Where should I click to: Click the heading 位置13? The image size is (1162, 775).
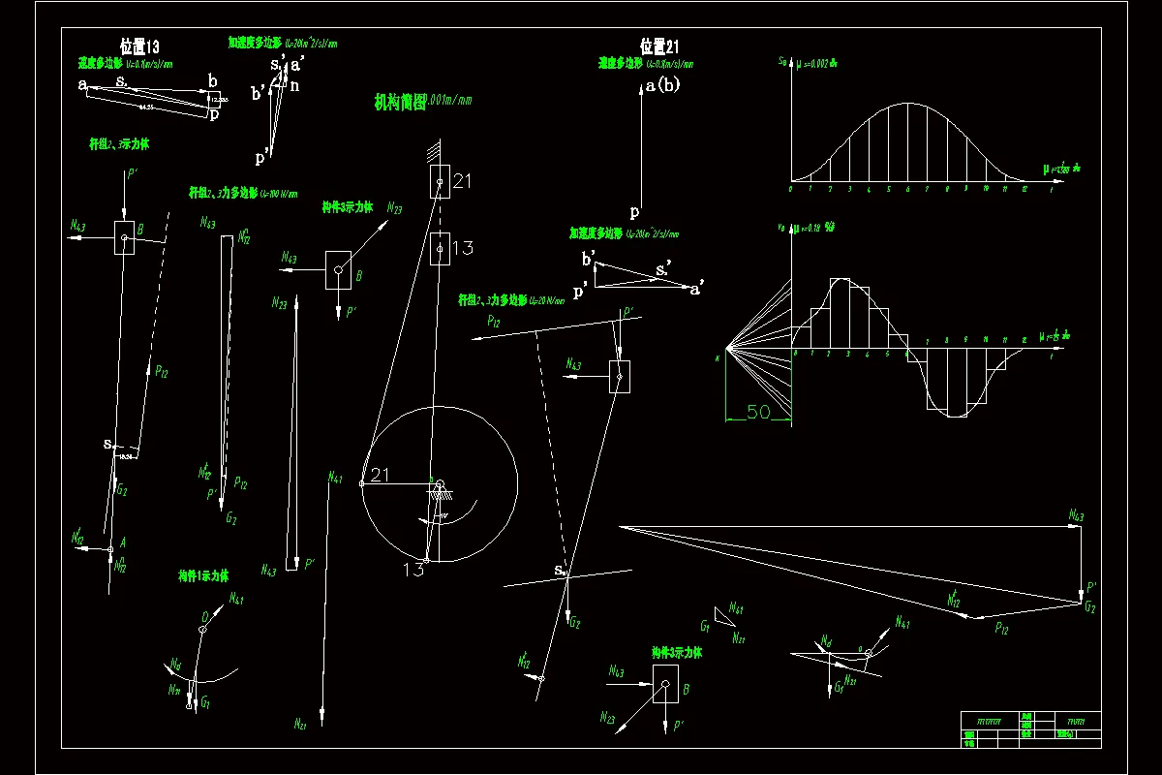click(139, 46)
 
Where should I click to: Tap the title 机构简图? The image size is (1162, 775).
click(400, 103)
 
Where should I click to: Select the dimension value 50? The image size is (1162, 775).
click(758, 412)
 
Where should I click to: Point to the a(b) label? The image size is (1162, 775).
click(663, 85)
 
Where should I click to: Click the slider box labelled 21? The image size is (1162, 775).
click(441, 181)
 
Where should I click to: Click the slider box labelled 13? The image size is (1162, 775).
click(440, 249)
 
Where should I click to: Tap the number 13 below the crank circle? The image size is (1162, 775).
click(413, 570)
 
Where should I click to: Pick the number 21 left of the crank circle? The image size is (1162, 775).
click(380, 474)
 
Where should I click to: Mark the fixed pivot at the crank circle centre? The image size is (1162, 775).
click(439, 483)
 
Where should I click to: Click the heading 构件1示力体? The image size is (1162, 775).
click(203, 575)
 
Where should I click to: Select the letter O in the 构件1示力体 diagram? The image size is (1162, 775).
click(205, 616)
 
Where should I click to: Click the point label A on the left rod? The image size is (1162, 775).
click(123, 543)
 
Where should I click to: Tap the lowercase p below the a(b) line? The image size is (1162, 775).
click(635, 211)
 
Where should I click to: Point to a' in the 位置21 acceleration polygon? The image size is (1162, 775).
click(695, 288)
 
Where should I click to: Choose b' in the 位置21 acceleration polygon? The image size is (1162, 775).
click(588, 260)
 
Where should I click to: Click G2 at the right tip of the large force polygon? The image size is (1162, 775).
click(1089, 606)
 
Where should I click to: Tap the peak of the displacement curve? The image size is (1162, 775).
click(907, 104)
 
